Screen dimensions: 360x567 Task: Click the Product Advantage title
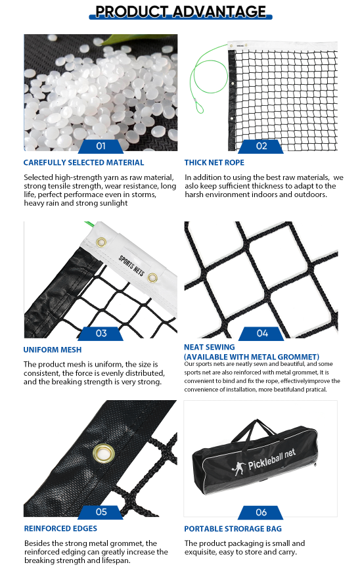click(x=181, y=12)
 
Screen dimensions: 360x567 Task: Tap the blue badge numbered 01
click(x=101, y=146)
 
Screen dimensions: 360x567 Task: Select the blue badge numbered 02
click(x=261, y=146)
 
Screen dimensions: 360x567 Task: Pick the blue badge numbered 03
click(x=101, y=333)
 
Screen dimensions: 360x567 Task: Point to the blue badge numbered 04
click(x=261, y=333)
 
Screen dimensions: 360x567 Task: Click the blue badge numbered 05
click(x=101, y=512)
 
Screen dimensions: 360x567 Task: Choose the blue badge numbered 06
click(x=261, y=512)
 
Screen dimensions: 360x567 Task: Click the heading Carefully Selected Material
click(x=83, y=163)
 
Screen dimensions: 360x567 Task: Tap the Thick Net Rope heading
click(x=214, y=163)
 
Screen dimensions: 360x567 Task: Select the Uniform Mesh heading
click(x=53, y=350)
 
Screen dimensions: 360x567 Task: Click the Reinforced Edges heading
click(x=60, y=528)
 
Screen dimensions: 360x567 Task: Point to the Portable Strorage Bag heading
click(x=233, y=529)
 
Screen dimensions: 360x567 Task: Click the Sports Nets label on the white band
click(x=131, y=265)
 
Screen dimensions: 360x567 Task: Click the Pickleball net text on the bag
click(x=271, y=459)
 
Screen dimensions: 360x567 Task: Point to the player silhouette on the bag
click(x=238, y=468)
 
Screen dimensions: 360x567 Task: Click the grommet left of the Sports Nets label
click(x=102, y=242)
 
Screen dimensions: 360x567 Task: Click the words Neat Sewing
click(x=210, y=347)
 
